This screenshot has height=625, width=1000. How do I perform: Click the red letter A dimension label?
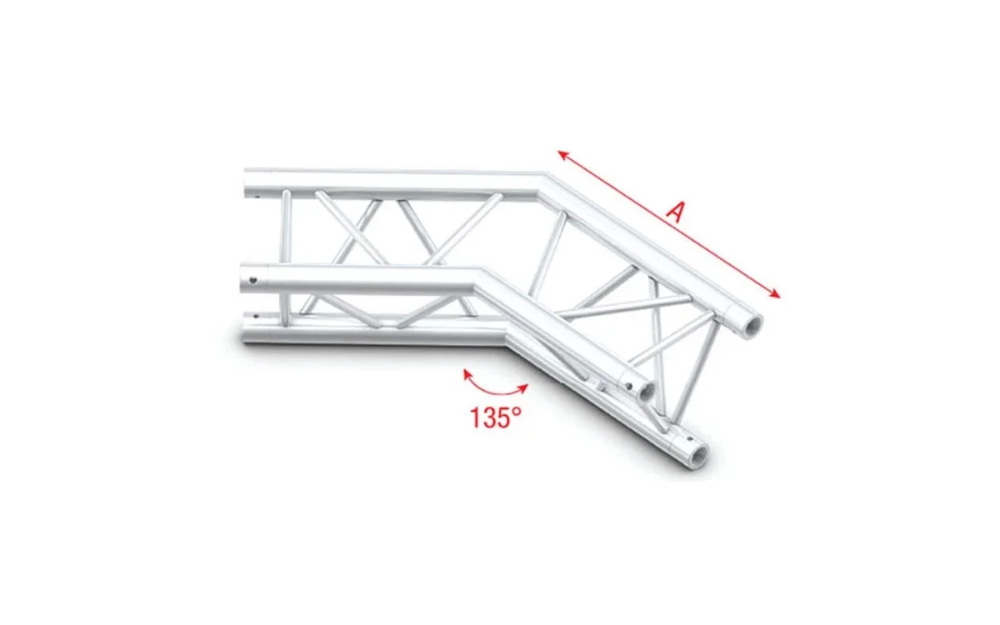pyautogui.click(x=676, y=212)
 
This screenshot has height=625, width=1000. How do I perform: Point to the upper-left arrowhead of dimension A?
pyautogui.click(x=562, y=155)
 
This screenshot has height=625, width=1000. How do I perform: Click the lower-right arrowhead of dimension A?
pyautogui.click(x=776, y=293)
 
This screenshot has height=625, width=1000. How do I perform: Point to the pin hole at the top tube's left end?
pyautogui.click(x=257, y=197)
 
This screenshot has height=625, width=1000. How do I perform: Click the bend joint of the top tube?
pyautogui.click(x=543, y=177)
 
